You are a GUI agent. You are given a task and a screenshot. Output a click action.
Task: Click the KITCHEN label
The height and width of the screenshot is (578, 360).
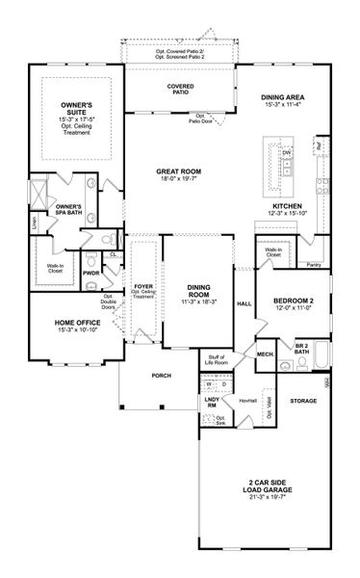click(288, 206)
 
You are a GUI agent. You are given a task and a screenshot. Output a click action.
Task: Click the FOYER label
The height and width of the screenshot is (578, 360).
click(142, 286)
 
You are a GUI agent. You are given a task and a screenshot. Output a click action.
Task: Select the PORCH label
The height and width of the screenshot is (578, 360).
click(148, 376)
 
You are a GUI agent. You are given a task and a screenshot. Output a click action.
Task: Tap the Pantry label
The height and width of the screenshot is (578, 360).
click(313, 264)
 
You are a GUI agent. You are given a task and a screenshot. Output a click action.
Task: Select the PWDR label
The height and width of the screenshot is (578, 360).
click(92, 273)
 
